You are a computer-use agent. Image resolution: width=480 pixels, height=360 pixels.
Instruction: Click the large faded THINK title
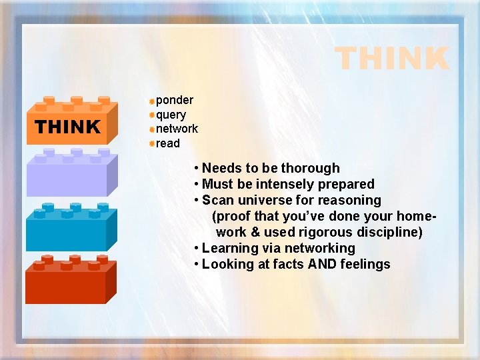pos(391,59)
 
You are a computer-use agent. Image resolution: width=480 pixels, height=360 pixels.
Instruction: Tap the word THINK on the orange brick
pos(67,127)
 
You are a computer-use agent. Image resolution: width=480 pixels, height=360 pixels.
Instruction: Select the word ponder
pos(175,100)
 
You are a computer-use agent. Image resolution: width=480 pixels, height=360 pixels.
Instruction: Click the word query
pos(171,115)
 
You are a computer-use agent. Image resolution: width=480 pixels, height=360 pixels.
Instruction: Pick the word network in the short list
pos(177,129)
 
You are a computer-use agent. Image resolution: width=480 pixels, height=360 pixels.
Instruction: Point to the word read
pos(168,143)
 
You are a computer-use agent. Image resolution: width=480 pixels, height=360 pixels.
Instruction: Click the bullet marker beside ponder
pos(152,101)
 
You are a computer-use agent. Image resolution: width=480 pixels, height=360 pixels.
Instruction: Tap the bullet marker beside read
pos(152,143)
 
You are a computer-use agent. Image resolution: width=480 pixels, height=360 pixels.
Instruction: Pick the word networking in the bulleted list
pos(319,248)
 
